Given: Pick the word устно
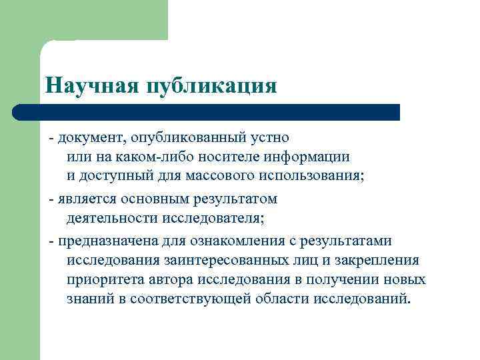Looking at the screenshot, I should pyautogui.click(x=269, y=138).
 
